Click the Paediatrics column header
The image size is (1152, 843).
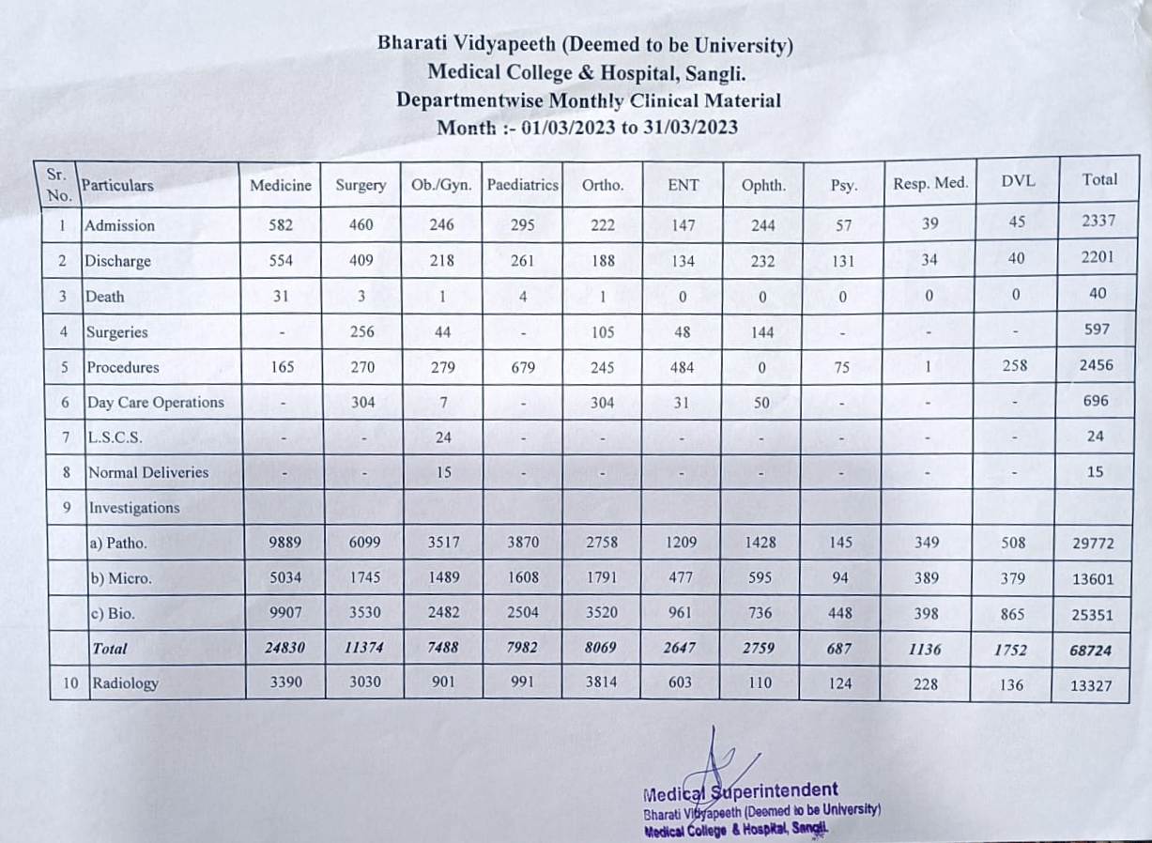click(522, 185)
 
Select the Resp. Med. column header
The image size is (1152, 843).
click(929, 184)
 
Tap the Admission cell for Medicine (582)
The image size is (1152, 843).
click(280, 225)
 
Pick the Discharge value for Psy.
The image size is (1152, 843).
click(842, 261)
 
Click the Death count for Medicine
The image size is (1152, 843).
click(281, 297)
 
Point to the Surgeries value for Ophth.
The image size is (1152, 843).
click(762, 331)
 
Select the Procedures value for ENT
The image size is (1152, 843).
click(683, 367)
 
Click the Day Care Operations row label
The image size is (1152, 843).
click(156, 403)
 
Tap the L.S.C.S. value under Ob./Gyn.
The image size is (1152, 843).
click(444, 437)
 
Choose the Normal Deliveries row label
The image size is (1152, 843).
click(148, 472)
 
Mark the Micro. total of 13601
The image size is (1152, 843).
click(1092, 579)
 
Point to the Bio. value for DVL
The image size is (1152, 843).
click(1013, 614)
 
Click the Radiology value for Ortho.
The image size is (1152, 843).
click(602, 683)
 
